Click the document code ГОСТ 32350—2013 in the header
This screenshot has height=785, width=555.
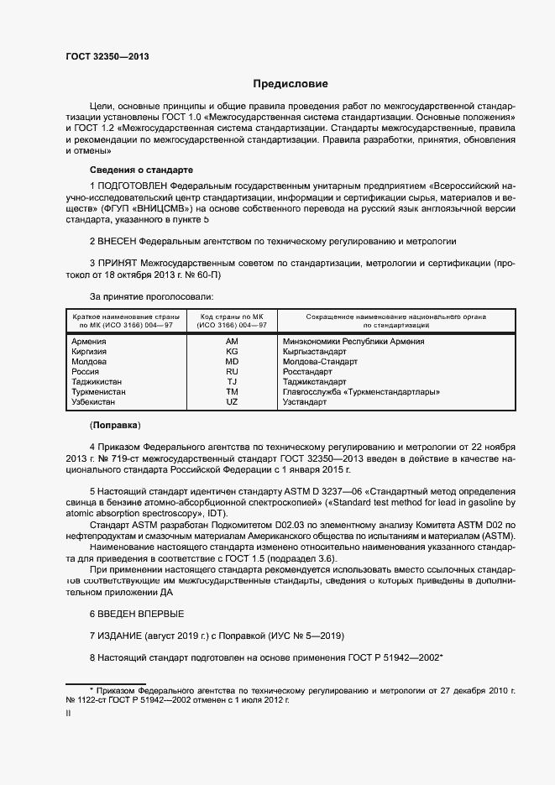pos(107,56)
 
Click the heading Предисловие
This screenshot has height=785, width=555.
pos(291,84)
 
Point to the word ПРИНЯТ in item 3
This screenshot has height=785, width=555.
pos(118,263)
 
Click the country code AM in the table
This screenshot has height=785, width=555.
pos(233,342)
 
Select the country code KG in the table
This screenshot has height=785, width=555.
pos(233,352)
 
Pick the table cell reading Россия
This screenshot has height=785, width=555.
pos(86,372)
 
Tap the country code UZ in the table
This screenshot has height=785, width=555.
pos(233,402)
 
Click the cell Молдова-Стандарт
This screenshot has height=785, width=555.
pos(320,362)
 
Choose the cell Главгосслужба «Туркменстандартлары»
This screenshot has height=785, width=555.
pos(359,392)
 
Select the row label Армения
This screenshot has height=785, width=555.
pos(89,342)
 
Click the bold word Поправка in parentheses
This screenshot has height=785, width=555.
pos(116,425)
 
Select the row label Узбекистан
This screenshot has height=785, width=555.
pos(94,402)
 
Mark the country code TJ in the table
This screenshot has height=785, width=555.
pos(233,382)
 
